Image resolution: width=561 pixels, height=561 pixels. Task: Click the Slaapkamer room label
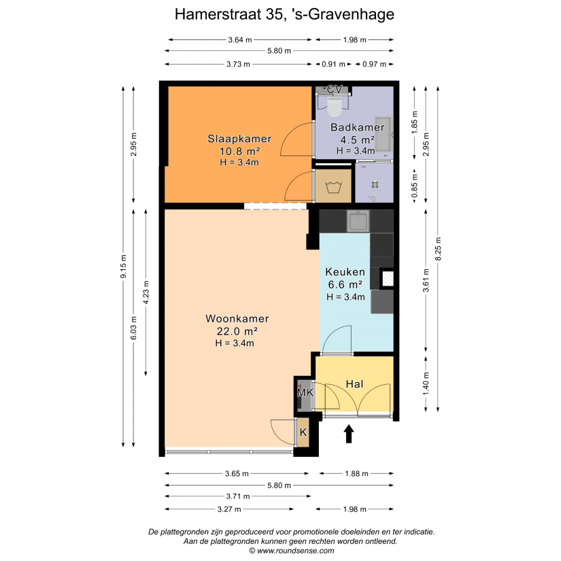(239, 139)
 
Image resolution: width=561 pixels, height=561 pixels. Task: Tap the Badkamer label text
(358, 127)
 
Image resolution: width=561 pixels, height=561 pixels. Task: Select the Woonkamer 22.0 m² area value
(237, 331)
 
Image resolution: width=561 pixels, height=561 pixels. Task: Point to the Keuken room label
(345, 272)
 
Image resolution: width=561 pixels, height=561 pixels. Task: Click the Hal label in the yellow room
(354, 384)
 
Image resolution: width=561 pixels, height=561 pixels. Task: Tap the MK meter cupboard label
(305, 392)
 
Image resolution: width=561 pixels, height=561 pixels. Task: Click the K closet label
(303, 432)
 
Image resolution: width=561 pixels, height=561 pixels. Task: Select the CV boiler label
(335, 89)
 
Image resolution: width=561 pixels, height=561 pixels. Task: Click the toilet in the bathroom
(334, 106)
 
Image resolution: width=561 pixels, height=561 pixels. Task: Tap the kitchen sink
(358, 220)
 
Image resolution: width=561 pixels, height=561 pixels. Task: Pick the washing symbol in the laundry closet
(333, 187)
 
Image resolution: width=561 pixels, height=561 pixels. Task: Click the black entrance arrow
(349, 434)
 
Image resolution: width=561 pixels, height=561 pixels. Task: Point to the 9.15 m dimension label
(124, 267)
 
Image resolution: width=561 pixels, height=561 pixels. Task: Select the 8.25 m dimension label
(438, 249)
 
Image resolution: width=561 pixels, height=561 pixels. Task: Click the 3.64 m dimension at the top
(240, 39)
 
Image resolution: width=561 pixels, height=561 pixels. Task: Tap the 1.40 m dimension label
(426, 384)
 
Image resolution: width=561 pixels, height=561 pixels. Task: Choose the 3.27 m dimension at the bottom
(229, 509)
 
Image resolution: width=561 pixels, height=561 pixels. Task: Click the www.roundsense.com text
(295, 551)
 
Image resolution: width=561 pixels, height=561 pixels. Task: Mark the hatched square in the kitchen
(388, 279)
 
